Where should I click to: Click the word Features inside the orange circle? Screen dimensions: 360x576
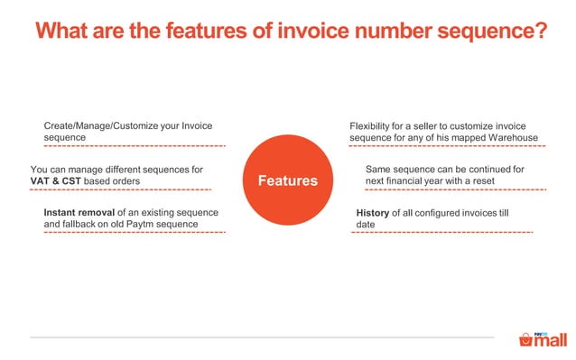pyautogui.click(x=288, y=180)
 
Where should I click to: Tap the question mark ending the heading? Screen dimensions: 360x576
pyautogui.click(x=540, y=31)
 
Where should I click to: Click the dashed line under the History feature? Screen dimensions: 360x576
pyautogui.click(x=441, y=233)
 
